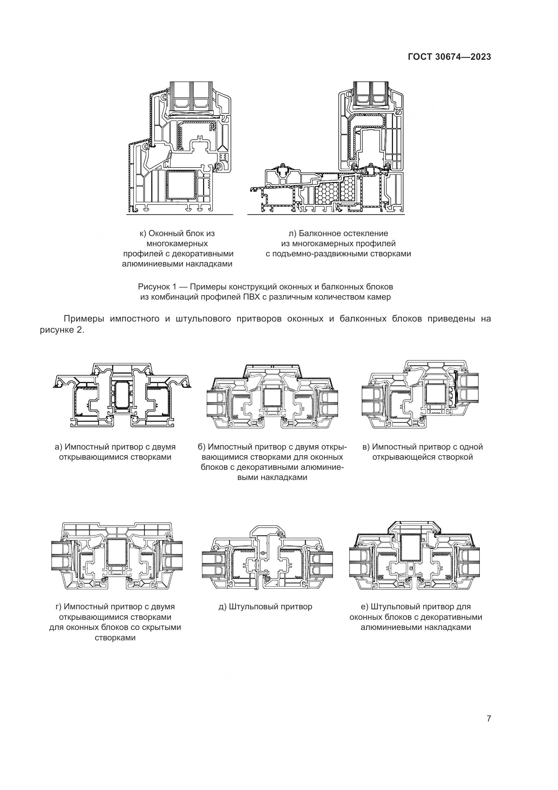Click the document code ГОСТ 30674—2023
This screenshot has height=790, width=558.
pyautogui.click(x=449, y=57)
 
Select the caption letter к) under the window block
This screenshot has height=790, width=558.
pyautogui.click(x=143, y=233)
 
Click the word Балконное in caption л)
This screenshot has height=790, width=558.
pyautogui.click(x=321, y=233)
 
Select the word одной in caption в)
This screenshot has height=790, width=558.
pyautogui.click(x=471, y=447)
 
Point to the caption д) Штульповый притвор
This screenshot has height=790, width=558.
pyautogui.click(x=265, y=607)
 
